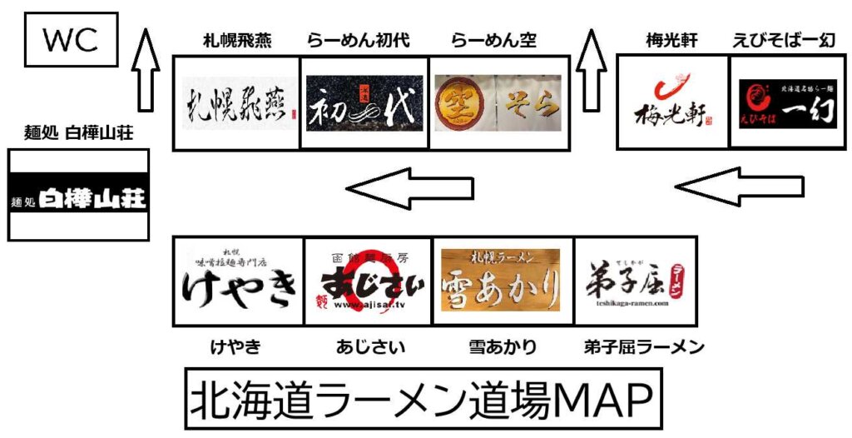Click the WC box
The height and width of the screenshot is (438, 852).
[71, 40]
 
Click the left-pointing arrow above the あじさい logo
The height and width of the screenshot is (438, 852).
[411, 188]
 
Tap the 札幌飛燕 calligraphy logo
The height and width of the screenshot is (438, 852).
[236, 103]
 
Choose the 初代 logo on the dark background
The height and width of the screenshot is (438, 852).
[364, 103]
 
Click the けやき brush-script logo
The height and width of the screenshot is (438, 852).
[238, 281]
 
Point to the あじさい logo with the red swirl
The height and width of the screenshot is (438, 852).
[367, 281]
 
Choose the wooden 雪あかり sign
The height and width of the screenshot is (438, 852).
[500, 281]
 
